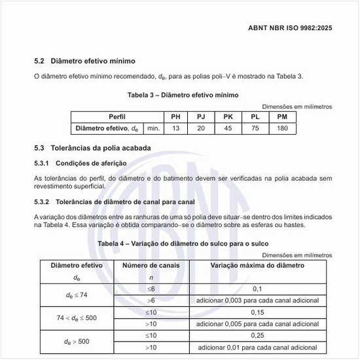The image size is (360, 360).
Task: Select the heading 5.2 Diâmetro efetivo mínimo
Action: click(84, 61)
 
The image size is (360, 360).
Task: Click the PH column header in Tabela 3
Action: click(175, 117)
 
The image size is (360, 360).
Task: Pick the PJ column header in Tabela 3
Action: click(201, 117)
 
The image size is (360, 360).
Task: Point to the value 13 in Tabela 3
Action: click(175, 128)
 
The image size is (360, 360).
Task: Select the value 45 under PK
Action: click(228, 128)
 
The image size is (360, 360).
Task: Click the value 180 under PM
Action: click(282, 128)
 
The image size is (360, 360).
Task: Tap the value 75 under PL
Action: click(255, 128)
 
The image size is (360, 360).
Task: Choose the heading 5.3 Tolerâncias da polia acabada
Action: click(92, 148)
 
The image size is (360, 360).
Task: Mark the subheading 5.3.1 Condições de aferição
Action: click(81, 163)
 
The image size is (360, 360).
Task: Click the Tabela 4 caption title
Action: click(183, 244)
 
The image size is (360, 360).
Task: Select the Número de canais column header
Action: click(151, 265)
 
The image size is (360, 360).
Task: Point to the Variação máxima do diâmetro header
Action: click(257, 265)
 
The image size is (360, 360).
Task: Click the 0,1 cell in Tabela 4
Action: click(257, 289)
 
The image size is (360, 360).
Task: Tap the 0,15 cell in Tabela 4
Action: click(257, 312)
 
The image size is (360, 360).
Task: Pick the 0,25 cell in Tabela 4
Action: click(257, 335)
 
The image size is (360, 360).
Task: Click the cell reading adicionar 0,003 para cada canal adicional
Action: click(257, 300)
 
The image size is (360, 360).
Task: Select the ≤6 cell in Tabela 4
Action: click(151, 289)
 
